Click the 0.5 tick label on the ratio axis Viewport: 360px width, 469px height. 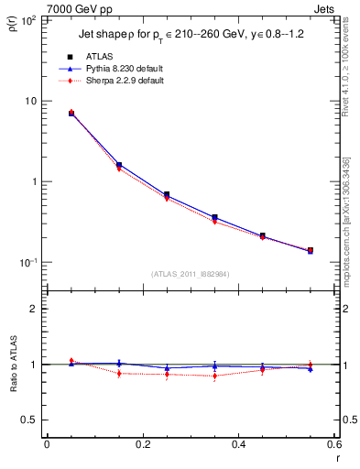(x=30, y=420)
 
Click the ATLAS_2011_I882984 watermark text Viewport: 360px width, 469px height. (x=190, y=274)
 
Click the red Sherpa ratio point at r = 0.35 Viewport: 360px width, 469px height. (x=214, y=376)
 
